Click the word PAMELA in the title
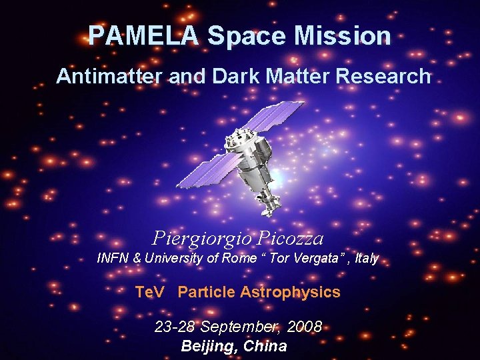pos(143,35)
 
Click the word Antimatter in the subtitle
pos(110,77)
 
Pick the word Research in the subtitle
pos(383,77)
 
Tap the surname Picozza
pos(291,238)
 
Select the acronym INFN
pos(114,258)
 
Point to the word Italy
pos(367,258)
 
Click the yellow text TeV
pos(149,292)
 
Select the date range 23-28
pos(175,327)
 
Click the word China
pos(265,346)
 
